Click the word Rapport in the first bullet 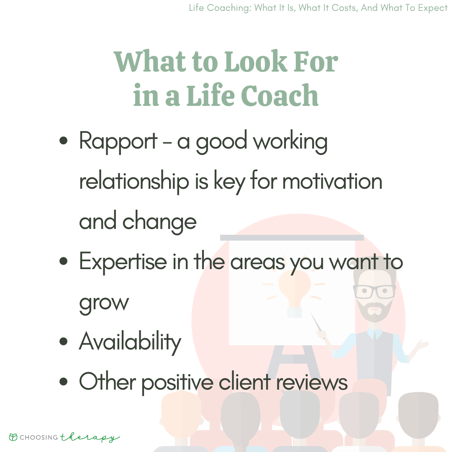pos(118,142)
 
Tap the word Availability pos(130,342)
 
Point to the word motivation pos(332,181)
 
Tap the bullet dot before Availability pos(64,342)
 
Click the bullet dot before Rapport pos(64,141)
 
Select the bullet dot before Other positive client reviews pos(64,382)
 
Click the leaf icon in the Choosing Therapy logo pos(13,437)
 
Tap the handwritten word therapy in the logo pos(90,437)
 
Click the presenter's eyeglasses pos(375,291)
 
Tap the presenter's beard pos(375,311)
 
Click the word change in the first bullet pos(159,222)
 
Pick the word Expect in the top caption pos(433,8)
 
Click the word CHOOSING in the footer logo pos(39,437)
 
